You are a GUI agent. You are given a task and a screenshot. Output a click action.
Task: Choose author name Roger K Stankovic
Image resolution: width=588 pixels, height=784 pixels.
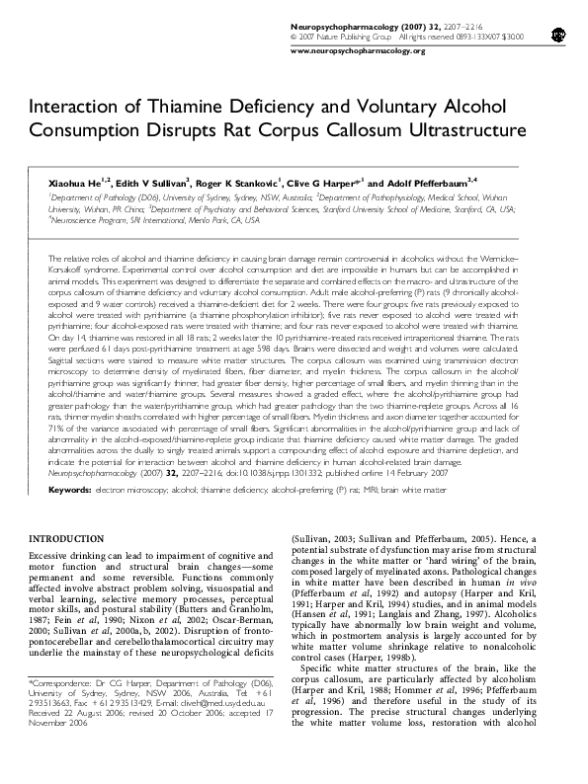[x=239, y=184]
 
